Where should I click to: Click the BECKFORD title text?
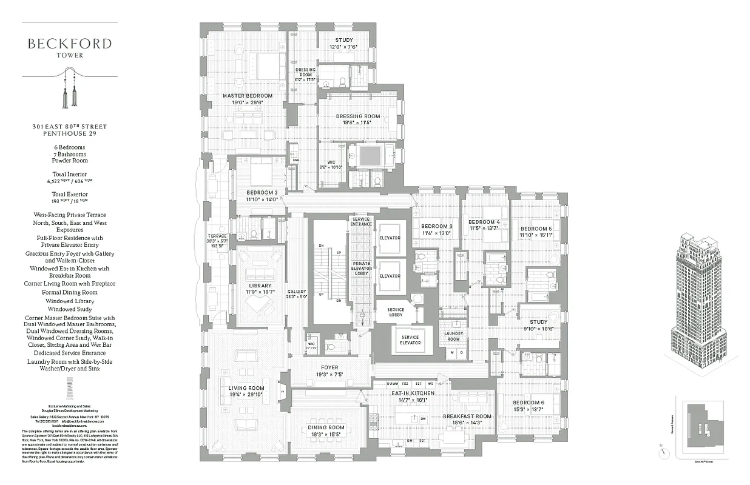click(69, 44)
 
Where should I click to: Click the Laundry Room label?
click(453, 336)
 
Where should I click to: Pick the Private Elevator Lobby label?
click(362, 268)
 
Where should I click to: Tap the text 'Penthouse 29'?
click(69, 133)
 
